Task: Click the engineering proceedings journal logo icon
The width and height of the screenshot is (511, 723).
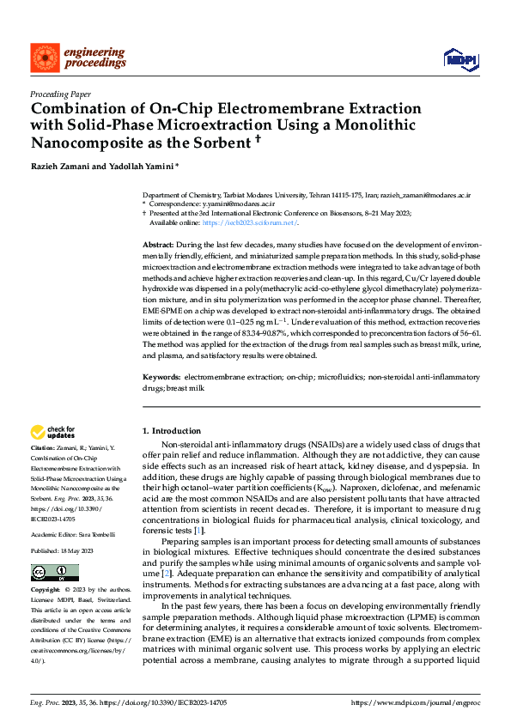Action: point(44,58)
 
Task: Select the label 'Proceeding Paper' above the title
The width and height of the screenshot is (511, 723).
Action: point(63,94)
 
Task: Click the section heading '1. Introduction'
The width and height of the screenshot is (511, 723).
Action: point(171,430)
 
